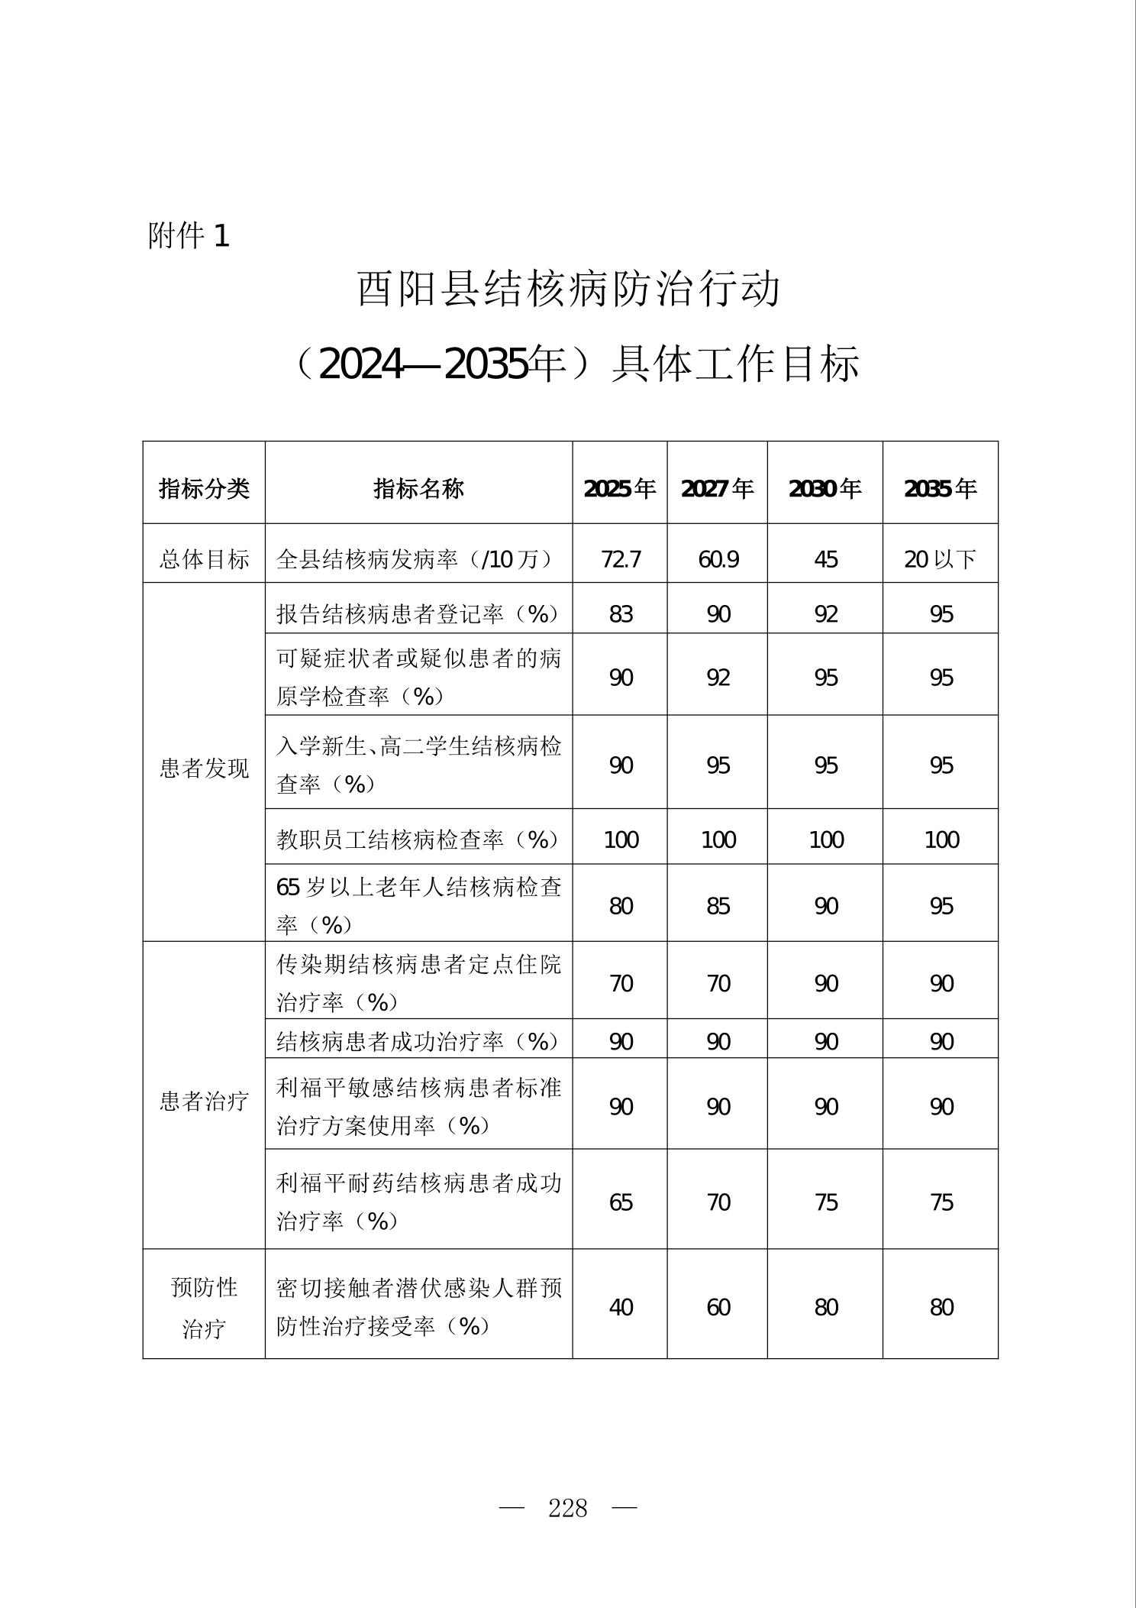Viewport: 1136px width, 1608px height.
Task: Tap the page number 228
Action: tap(568, 1508)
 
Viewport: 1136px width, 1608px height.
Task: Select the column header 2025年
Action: tap(620, 488)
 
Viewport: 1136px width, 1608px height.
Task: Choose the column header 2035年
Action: tap(941, 488)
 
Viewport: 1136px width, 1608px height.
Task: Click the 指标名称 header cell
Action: tap(418, 488)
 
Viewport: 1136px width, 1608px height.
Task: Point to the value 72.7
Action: tap(621, 559)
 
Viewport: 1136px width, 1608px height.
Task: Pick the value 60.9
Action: tap(718, 559)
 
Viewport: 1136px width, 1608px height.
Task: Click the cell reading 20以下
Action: tap(941, 559)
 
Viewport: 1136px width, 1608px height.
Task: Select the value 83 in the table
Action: tap(621, 614)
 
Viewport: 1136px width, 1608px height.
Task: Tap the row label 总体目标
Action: tap(204, 559)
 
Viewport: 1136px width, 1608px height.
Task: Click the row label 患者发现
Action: tap(204, 768)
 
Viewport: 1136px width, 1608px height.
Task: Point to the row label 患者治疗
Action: tap(204, 1101)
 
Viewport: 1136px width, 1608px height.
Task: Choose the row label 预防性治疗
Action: tap(204, 1308)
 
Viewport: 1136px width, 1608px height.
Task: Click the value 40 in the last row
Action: tap(621, 1307)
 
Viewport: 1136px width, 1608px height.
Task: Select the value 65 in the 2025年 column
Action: tap(621, 1202)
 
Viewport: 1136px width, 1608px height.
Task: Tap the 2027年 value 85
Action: tap(718, 906)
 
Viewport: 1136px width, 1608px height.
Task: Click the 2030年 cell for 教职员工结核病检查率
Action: tap(826, 840)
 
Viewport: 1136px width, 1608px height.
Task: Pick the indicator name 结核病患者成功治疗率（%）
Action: tap(418, 1041)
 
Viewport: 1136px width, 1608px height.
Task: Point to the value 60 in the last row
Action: tap(718, 1307)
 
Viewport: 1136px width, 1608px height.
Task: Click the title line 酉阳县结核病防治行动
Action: tap(570, 290)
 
